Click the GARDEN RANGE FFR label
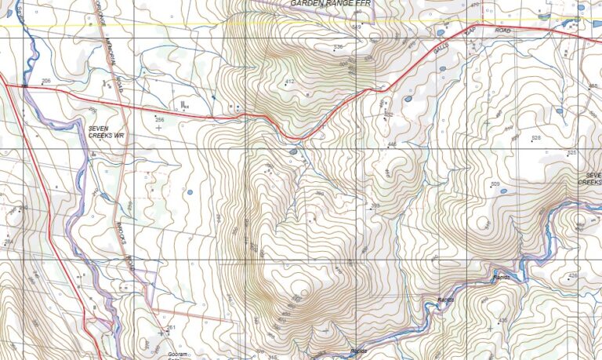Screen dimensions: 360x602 (x=328, y=4)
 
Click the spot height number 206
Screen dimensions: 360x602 (x=46, y=82)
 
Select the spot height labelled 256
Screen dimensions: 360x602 (x=159, y=119)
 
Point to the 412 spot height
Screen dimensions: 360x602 (x=289, y=82)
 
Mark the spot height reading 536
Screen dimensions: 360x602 (x=339, y=48)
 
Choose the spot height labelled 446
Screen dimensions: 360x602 (x=392, y=144)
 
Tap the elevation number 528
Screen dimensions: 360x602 (x=536, y=138)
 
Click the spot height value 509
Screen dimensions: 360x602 (x=495, y=184)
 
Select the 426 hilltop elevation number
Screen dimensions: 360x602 (x=572, y=275)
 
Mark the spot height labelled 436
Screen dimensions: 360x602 (x=502, y=321)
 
